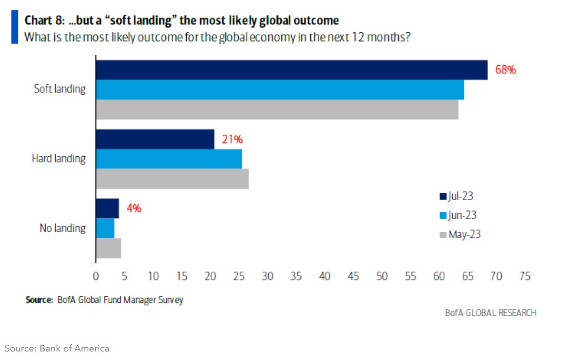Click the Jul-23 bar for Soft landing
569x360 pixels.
pyautogui.click(x=292, y=70)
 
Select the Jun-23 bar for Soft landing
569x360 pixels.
pyautogui.click(x=280, y=90)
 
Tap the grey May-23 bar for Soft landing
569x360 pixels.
pyautogui.click(x=277, y=110)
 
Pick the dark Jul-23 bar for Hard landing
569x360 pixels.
pyautogui.click(x=155, y=139)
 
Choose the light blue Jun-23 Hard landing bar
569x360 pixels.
pyautogui.click(x=169, y=159)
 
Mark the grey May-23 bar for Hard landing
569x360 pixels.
pyautogui.click(x=173, y=179)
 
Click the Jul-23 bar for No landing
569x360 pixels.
pyautogui.click(x=108, y=209)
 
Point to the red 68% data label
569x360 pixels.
pyautogui.click(x=506, y=70)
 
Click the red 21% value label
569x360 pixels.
pyautogui.click(x=232, y=140)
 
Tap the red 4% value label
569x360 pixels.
pyautogui.click(x=134, y=208)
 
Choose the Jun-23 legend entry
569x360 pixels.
pyautogui.click(x=457, y=215)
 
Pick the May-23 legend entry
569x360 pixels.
pyautogui.click(x=458, y=234)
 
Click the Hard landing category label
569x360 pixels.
pyautogui.click(x=59, y=159)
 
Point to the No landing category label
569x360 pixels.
pyautogui.click(x=62, y=228)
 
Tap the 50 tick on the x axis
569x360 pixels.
pyautogui.click(x=382, y=276)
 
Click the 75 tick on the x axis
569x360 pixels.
pyautogui.click(x=525, y=276)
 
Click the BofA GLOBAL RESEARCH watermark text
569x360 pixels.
pyautogui.click(x=490, y=313)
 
